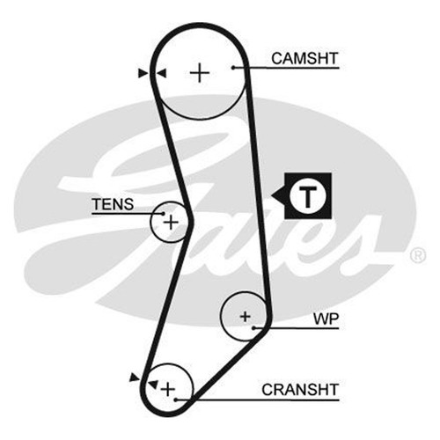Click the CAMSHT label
coord(304,58)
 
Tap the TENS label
coord(113,204)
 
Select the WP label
coord(326,319)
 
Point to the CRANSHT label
coord(300,390)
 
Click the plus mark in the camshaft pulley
coord(200,72)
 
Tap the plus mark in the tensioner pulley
coord(171,223)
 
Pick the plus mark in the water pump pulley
coord(246,317)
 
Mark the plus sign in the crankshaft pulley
coord(168,390)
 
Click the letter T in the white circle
coord(307,196)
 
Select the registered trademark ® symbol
coord(417,255)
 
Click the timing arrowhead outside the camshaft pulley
coord(143,73)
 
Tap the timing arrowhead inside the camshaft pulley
coord(161,73)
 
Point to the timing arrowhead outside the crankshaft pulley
coord(135,378)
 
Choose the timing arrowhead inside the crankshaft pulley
coord(153,384)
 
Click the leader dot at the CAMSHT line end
coord(233,68)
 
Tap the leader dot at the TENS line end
coord(163,214)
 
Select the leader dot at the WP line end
coord(254,327)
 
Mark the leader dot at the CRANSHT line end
coord(175,400)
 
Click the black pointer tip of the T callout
coord(271,195)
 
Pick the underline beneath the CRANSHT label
coord(257,400)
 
